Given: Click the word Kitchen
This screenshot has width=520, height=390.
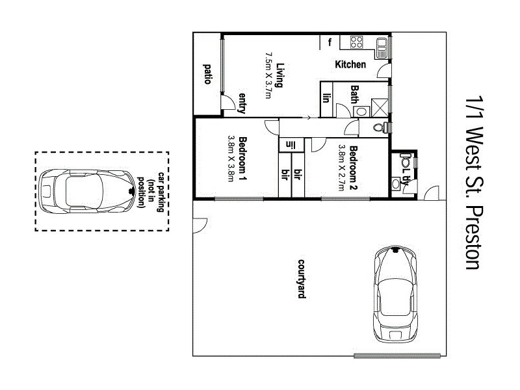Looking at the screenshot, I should tap(350, 65).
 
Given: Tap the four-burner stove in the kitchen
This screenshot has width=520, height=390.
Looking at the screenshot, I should tap(357, 43).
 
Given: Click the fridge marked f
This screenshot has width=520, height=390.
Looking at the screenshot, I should tap(330, 43).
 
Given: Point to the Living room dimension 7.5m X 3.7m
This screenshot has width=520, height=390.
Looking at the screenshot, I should tap(268, 75).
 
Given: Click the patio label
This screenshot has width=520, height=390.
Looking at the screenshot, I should tap(207, 75).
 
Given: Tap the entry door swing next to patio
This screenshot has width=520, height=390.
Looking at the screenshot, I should tap(227, 103).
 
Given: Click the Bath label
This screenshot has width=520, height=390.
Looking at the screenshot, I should tap(355, 95).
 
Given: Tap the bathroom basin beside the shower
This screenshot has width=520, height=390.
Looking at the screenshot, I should tap(361, 111).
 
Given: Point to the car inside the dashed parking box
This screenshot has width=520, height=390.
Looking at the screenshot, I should tap(83, 190).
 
